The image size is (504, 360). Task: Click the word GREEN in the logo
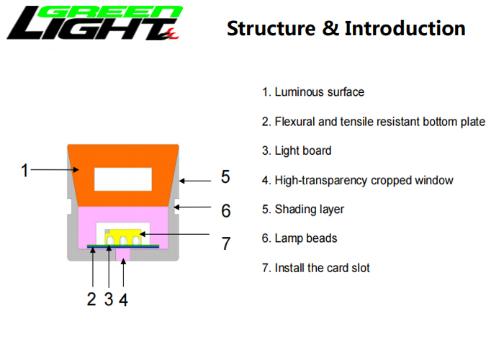(110, 12)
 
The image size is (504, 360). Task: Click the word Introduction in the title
(405, 28)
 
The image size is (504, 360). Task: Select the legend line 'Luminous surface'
(313, 92)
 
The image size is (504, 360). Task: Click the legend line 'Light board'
(297, 150)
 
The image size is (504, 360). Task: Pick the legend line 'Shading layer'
(303, 210)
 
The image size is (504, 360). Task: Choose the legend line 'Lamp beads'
(300, 238)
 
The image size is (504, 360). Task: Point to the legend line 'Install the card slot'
(316, 268)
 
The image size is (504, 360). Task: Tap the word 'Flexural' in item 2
(294, 122)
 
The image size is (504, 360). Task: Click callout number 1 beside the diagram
(24, 171)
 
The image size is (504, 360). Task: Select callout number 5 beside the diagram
(225, 177)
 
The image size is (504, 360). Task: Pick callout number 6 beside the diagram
(225, 211)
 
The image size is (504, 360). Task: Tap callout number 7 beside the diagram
(226, 243)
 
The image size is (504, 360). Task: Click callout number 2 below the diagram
(91, 300)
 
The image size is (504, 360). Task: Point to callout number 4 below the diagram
(123, 300)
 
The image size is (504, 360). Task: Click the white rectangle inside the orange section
(123, 179)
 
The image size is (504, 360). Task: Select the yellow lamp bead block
(123, 237)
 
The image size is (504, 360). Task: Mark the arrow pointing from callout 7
(175, 234)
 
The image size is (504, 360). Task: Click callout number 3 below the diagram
(109, 300)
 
